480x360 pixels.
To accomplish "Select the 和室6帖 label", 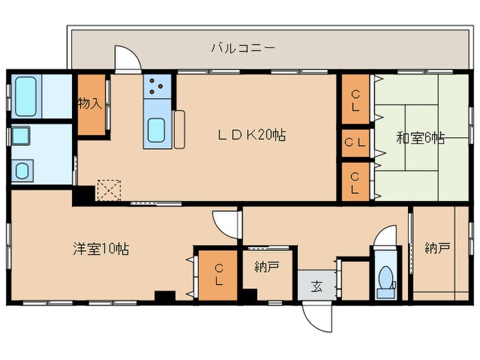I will [420, 138].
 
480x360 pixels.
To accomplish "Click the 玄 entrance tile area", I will [317, 285].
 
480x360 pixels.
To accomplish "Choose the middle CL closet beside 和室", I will [355, 143].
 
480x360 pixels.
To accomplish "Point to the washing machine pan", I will [22, 169].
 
